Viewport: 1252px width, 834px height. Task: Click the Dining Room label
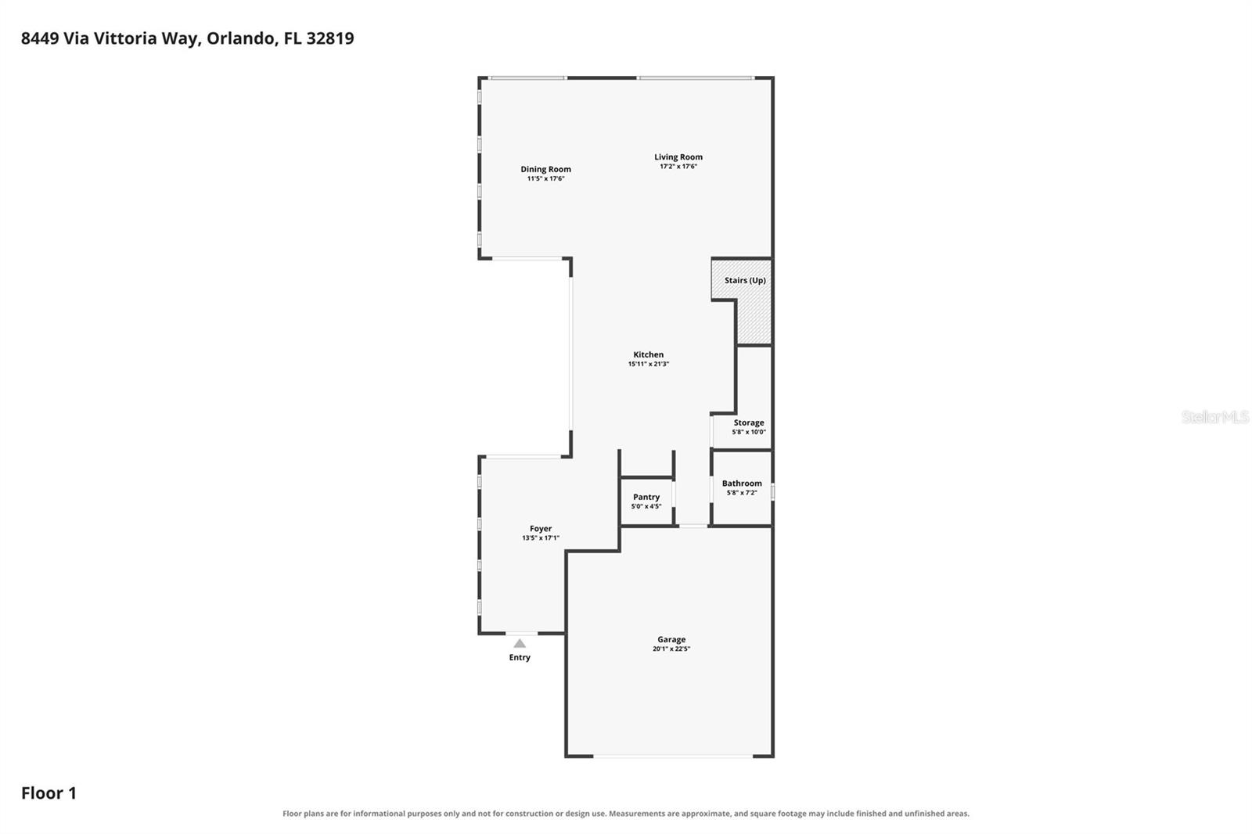point(545,169)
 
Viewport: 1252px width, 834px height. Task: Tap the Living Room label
point(678,157)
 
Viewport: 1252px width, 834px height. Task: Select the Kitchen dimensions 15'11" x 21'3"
point(649,364)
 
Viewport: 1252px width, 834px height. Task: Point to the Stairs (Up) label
point(745,280)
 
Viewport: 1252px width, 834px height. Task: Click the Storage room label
point(748,422)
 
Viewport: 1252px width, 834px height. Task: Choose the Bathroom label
point(742,483)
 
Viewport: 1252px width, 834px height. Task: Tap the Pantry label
point(646,497)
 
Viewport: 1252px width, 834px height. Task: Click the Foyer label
point(541,528)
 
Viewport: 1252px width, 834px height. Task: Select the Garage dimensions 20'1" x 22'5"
point(671,649)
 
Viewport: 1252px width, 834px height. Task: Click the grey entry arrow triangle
point(520,643)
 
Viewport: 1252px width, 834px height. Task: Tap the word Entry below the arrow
point(520,657)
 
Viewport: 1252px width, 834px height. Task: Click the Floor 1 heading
point(49,793)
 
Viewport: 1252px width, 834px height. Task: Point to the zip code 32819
point(329,38)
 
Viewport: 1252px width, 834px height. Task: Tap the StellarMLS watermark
point(1215,416)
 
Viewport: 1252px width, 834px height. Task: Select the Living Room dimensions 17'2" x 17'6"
point(678,167)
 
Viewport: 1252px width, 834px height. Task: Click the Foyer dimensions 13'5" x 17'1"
point(541,537)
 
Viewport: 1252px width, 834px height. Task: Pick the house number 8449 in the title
point(40,38)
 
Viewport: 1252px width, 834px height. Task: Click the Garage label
point(671,639)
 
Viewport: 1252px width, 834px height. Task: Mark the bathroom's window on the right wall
point(772,492)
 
